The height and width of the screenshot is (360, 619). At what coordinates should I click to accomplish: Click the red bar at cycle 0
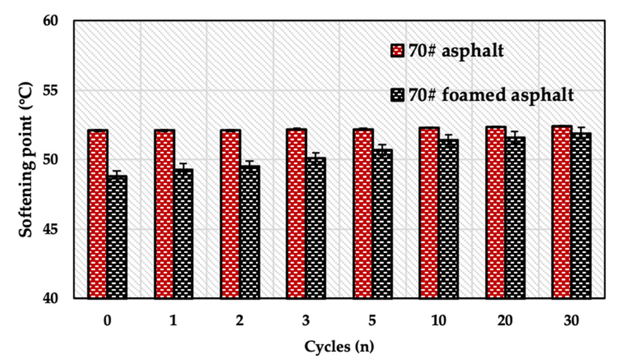point(97,214)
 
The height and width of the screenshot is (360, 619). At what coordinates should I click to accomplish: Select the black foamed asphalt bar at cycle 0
point(117,237)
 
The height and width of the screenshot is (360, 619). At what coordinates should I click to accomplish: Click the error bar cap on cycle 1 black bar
point(183,164)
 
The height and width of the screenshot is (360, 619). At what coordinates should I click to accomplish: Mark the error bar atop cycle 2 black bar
point(250,161)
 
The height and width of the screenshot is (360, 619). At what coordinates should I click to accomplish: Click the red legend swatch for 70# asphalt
point(397,51)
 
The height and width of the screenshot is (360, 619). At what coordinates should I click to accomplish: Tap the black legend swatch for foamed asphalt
point(397,95)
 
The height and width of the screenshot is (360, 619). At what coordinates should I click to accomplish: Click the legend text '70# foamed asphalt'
point(491,95)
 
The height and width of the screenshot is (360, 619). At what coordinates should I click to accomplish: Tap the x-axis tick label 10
point(438,321)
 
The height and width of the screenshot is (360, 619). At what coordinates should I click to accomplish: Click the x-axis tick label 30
point(571,321)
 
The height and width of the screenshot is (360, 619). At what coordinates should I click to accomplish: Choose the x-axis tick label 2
point(239,321)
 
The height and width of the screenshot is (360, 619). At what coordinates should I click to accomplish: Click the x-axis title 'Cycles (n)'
point(339,346)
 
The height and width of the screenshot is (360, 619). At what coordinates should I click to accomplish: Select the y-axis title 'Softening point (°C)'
point(26,160)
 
